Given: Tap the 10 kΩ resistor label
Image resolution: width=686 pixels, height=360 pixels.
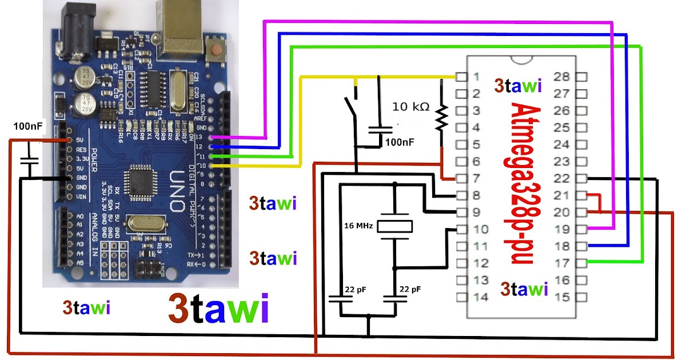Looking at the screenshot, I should click(x=410, y=107).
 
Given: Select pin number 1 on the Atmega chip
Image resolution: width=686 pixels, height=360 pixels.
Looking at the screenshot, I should click(x=476, y=77).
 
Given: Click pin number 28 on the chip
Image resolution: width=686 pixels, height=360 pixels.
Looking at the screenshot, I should click(x=563, y=77).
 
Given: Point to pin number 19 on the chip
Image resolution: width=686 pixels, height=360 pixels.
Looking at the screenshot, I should click(x=563, y=229).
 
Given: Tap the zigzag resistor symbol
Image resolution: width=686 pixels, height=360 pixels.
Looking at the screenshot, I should click(x=441, y=117).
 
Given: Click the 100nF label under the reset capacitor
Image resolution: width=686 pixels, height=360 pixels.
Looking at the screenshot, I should click(x=400, y=142).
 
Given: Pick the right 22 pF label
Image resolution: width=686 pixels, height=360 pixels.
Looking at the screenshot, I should click(x=410, y=290).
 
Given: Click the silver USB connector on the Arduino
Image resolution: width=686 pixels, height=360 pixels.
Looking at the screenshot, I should click(x=182, y=26).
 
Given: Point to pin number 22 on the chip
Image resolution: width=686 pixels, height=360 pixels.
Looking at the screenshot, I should click(x=563, y=178).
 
